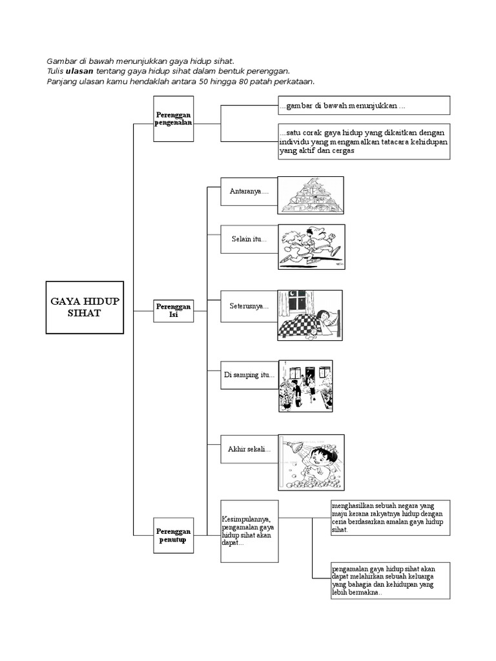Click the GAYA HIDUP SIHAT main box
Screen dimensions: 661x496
coord(85,307)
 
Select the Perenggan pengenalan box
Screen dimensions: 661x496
coord(174,118)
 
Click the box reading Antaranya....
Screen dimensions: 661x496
coord(249,192)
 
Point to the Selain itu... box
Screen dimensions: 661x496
coord(249,239)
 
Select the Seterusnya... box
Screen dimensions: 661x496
coord(249,307)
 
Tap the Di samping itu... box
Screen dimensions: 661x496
coord(249,375)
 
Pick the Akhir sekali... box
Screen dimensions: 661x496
coord(249,449)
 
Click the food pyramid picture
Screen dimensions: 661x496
coord(311,195)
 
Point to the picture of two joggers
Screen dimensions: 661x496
coord(311,247)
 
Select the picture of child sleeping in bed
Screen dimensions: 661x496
coord(310,315)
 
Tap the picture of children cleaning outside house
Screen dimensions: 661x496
coord(305,386)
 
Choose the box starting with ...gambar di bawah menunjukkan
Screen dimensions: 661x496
coord(364,105)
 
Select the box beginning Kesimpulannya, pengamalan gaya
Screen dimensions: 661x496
coord(249,531)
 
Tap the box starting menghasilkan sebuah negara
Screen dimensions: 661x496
coord(389,518)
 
